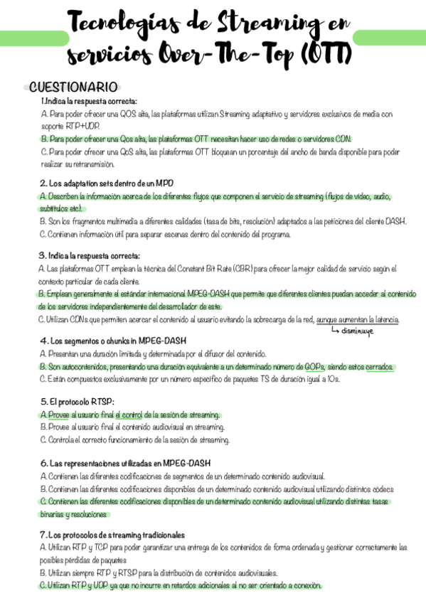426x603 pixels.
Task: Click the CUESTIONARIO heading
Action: click(73, 87)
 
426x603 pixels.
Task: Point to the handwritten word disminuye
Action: click(360, 330)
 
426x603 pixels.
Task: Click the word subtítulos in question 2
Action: click(54, 208)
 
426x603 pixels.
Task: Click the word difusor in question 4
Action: click(196, 353)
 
